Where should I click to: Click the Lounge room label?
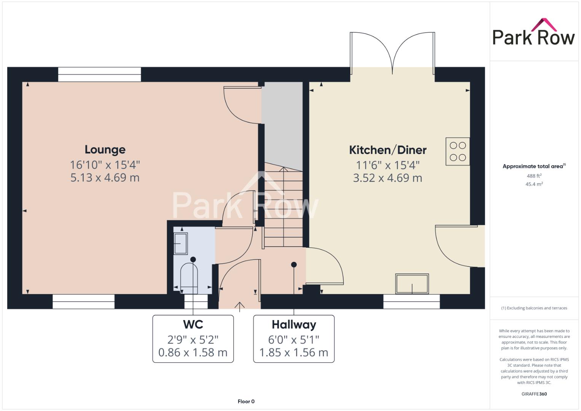105,150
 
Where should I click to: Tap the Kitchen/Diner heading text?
388,150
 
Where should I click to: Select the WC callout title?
193,324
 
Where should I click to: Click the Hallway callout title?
294,325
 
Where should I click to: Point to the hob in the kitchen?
458,151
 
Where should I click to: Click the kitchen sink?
412,284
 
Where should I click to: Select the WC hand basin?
180,244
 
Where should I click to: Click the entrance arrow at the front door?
239,307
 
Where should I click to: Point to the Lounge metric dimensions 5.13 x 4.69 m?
105,178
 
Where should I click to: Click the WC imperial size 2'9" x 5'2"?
193,339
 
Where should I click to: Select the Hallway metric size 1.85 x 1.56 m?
294,352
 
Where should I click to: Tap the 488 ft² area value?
534,176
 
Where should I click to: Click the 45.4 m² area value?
534,184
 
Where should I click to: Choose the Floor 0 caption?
246,401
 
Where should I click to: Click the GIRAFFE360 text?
534,394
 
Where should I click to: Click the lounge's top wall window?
99,75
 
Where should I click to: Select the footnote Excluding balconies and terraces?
534,308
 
